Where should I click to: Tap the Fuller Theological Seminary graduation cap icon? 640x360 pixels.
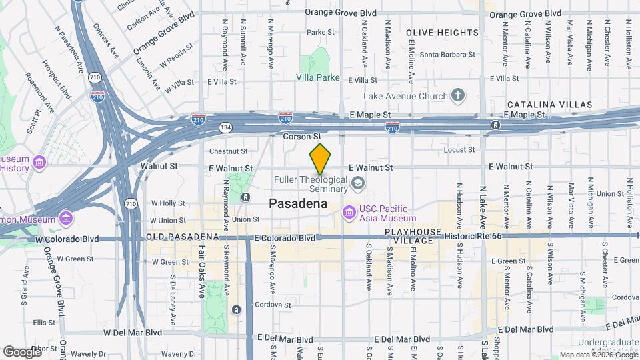pos(358,182)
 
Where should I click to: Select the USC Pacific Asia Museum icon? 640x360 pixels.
pos(349,213)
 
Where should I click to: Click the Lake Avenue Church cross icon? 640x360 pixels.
pos(458,96)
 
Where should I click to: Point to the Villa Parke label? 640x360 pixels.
pos(318,77)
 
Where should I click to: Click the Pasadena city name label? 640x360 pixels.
pos(298,204)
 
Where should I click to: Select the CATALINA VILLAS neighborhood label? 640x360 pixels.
pos(549,105)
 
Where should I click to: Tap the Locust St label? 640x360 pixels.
pos(459,150)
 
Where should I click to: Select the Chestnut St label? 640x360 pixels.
pos(228,151)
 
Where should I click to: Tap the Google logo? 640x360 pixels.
pos(22,351)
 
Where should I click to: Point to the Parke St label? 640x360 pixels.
pos(320,32)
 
